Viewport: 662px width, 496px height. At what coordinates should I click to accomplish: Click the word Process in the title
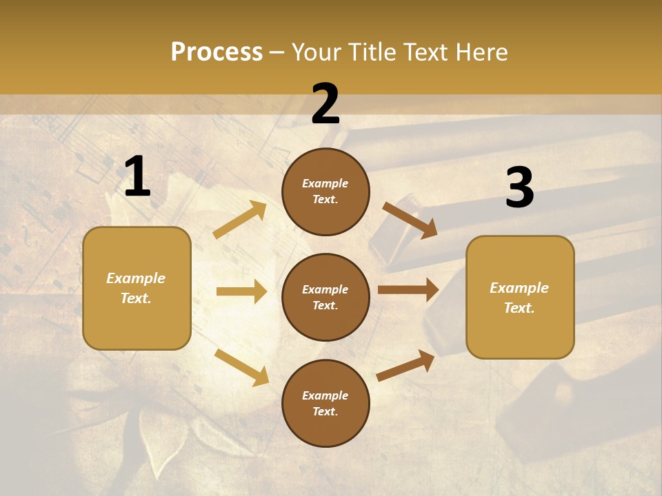[217, 52]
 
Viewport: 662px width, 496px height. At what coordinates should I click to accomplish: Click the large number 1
[137, 177]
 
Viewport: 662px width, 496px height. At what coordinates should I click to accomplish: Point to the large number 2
[325, 104]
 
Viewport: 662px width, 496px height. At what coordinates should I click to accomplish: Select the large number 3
[519, 188]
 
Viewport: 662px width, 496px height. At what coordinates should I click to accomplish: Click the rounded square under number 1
[137, 288]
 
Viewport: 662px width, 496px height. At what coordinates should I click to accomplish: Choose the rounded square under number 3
[520, 297]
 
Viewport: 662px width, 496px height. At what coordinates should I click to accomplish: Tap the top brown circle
[325, 192]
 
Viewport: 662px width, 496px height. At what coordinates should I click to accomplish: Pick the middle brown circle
[325, 297]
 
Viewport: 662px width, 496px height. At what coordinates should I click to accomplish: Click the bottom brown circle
[325, 403]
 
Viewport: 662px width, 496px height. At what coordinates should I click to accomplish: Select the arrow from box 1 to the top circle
[240, 220]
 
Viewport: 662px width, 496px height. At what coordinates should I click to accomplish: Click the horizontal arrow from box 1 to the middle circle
[241, 291]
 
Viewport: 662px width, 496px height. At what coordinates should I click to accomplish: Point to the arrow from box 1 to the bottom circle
[241, 366]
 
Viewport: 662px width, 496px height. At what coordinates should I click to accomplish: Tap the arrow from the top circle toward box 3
[410, 220]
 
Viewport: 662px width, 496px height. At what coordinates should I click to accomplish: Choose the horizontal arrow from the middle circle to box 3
[408, 290]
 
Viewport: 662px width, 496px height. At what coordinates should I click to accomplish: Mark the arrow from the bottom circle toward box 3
[406, 365]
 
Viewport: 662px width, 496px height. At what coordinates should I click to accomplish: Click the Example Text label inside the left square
[136, 288]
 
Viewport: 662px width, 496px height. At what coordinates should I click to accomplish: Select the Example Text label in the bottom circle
[325, 403]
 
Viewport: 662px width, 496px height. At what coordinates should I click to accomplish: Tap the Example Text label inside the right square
[519, 298]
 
